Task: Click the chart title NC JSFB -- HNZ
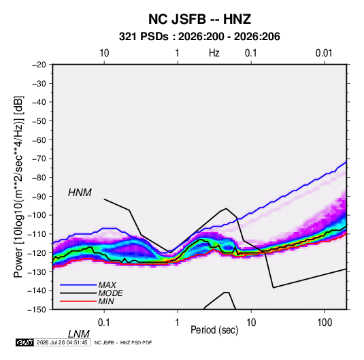point(199,19)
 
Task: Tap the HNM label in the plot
point(80,193)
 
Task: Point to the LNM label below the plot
point(79,334)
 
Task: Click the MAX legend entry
point(107,284)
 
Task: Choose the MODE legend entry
point(110,293)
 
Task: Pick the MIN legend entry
point(106,301)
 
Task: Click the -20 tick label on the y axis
point(39,65)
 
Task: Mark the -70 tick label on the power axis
point(39,159)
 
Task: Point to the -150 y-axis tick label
point(37,310)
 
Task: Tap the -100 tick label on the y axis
point(37,215)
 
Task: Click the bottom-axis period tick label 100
point(325,323)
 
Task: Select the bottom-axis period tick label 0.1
point(104,323)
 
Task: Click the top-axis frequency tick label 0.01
point(324,53)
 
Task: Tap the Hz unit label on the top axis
point(214,53)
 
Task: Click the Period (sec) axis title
point(214,330)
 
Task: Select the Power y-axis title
point(18,186)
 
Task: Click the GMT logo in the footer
point(25,342)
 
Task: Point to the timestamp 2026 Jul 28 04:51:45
point(62,342)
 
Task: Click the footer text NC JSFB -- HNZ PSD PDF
point(123,342)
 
